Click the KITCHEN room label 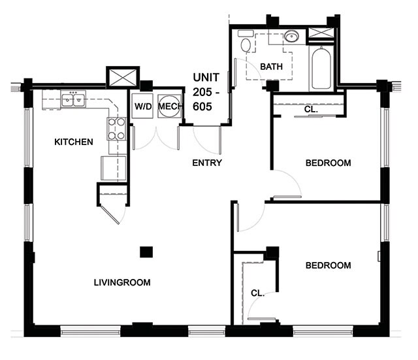(73, 142)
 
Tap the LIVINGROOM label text (122, 283)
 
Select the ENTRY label (207, 163)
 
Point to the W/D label (143, 106)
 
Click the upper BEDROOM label (328, 163)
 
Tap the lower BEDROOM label (328, 265)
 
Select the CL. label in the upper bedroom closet (312, 110)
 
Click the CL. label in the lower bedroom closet (258, 293)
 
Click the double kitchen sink (73, 100)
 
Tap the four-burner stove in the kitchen (117, 128)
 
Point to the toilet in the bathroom (246, 44)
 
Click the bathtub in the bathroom (321, 69)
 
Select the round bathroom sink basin (291, 36)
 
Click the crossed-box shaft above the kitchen (123, 76)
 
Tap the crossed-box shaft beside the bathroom (320, 35)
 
